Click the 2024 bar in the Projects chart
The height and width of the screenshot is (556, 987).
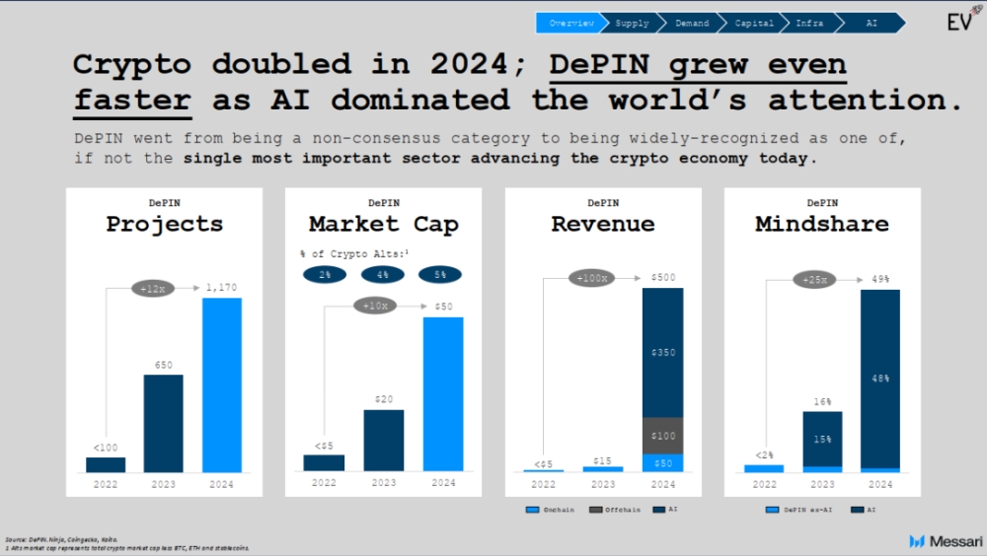[222, 384]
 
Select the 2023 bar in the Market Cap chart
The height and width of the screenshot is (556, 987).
[383, 440]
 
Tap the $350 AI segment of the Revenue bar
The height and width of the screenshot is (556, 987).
[663, 352]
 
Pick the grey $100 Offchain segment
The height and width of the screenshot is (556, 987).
[663, 436]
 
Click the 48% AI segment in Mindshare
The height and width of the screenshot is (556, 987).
[880, 378]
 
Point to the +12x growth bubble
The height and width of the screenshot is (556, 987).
[151, 288]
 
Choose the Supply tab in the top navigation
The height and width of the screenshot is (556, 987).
[632, 22]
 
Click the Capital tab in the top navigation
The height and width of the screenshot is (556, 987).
[753, 22]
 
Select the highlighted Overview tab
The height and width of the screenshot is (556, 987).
[571, 22]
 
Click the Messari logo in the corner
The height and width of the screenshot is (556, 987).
[941, 541]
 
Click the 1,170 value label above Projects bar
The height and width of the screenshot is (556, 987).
[222, 288]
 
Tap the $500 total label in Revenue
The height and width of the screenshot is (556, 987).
[663, 278]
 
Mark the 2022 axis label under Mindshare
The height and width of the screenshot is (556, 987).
[764, 484]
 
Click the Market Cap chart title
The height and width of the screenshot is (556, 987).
[383, 225]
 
